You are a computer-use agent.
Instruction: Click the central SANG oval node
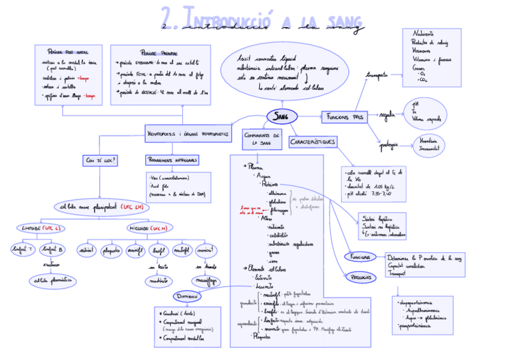pyautogui.click(x=280, y=116)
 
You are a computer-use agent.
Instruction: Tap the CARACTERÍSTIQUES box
pyautogui.click(x=313, y=142)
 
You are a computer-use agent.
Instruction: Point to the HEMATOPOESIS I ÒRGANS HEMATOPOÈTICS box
pyautogui.click(x=188, y=133)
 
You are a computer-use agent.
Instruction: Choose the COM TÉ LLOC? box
pyautogui.click(x=100, y=160)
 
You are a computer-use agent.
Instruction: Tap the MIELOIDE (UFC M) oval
pyautogui.click(x=147, y=228)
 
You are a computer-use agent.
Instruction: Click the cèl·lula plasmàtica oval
pyautogui.click(x=52, y=279)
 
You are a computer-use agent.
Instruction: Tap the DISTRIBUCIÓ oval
pyautogui.click(x=187, y=296)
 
